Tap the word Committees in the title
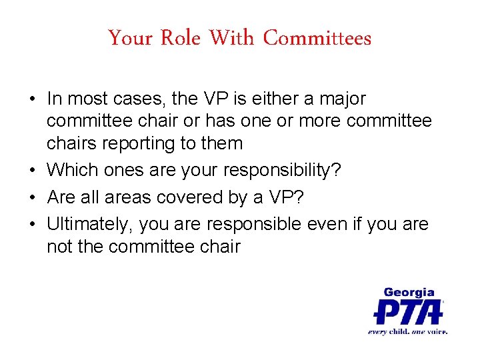tap(317, 39)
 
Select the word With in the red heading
tap(231, 39)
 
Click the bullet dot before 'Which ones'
tap(32, 171)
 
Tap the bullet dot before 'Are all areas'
tap(32, 198)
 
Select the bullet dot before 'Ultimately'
tap(32, 225)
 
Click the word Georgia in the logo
tap(409, 292)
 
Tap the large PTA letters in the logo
tap(408, 311)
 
